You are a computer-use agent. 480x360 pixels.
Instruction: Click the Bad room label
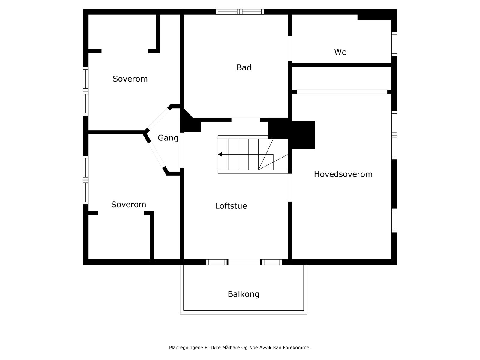(x=244, y=68)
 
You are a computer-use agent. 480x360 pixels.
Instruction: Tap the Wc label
(x=340, y=52)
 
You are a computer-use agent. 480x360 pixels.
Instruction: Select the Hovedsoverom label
(x=343, y=174)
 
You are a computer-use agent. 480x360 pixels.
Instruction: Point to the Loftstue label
(x=231, y=206)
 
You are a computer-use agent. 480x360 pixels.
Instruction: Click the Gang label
(x=168, y=138)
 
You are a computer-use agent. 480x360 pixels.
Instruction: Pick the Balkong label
(x=244, y=294)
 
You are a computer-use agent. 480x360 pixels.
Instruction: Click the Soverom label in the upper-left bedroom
(x=130, y=79)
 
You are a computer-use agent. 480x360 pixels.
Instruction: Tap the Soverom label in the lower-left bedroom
(x=129, y=205)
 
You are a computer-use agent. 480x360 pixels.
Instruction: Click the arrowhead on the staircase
(x=220, y=154)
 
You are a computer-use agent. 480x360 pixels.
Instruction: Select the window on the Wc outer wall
(x=394, y=44)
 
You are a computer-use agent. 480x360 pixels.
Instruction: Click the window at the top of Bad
(x=240, y=12)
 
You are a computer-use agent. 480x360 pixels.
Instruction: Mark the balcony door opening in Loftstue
(x=244, y=262)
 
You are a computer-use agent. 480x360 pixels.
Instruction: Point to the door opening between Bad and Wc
(x=290, y=48)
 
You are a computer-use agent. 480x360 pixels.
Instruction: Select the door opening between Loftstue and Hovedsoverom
(x=290, y=187)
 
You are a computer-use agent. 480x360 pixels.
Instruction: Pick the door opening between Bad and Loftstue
(x=245, y=119)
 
